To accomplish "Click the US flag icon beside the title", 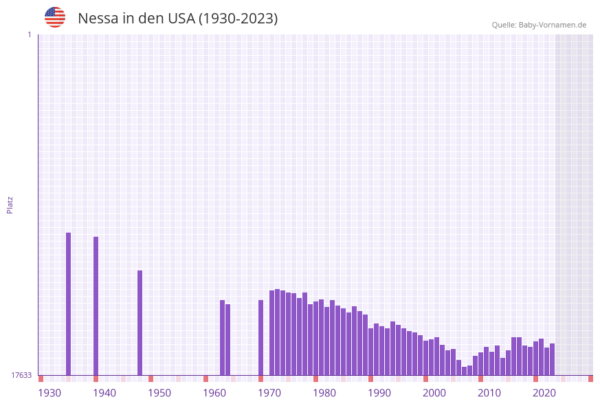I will (55, 17).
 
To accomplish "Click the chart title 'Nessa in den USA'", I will (177, 19).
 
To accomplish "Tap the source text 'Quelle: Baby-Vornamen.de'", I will (539, 25).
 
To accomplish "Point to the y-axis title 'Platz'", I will (10, 205).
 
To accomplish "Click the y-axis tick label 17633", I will (21, 375).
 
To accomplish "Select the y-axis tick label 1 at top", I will (29, 34).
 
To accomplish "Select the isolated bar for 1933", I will (68, 304).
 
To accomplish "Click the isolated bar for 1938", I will (96, 306).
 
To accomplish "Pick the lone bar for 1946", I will (140, 323).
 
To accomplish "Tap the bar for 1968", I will (260, 337).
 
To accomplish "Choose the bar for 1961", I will (222, 337).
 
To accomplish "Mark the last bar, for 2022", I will (552, 359).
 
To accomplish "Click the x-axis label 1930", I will (49, 393).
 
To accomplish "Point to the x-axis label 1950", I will (159, 393).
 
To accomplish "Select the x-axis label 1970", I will (269, 393).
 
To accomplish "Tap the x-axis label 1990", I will (379, 393).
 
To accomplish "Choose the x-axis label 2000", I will (434, 393).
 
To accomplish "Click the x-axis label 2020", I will (544, 393).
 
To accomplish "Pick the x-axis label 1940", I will (104, 393).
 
